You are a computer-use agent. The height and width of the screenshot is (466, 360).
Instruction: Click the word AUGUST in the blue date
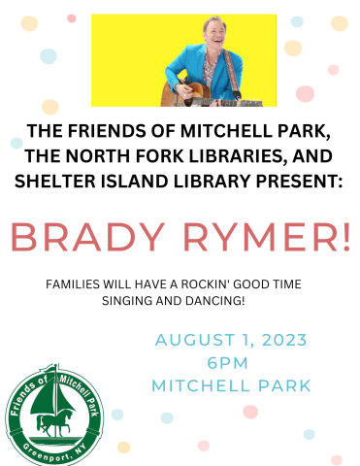(x=190, y=341)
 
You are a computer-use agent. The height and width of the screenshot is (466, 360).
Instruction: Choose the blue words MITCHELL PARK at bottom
(x=231, y=385)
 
